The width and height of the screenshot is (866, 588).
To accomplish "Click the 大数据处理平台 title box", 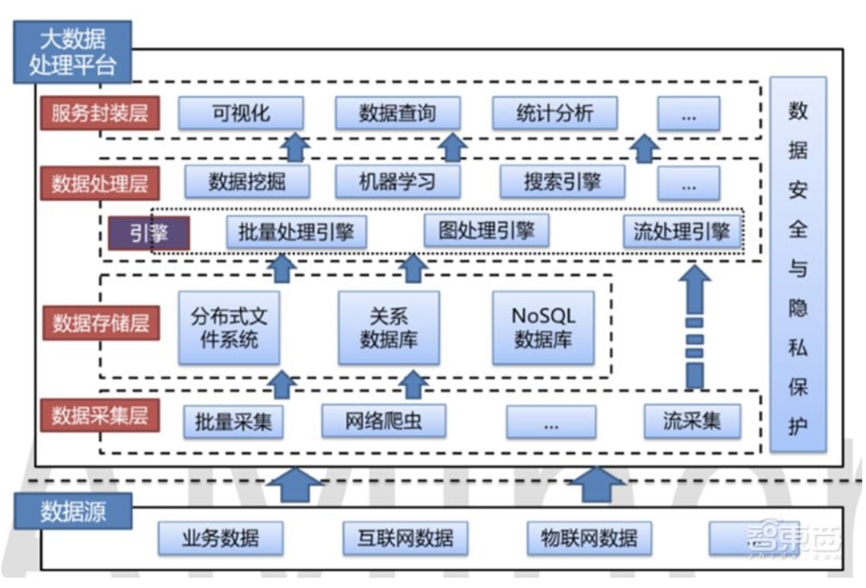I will tap(72, 52).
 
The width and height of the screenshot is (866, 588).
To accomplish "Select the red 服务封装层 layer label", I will tap(100, 113).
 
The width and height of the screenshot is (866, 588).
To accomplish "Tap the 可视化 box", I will tap(241, 113).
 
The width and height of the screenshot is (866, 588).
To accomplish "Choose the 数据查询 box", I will tap(397, 113).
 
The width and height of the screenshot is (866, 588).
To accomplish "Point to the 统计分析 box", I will tap(554, 113).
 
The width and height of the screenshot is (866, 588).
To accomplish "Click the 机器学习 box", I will tap(397, 182).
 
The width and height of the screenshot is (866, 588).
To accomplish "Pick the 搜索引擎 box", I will tap(562, 182).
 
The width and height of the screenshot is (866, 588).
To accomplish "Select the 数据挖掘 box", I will tap(247, 182).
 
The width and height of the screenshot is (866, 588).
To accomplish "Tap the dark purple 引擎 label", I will tap(149, 233).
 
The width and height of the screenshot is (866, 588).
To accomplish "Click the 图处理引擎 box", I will tap(486, 230).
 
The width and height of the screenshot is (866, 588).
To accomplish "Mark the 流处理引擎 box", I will tap(682, 232).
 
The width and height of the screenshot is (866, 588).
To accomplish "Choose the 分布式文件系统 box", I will tap(230, 328).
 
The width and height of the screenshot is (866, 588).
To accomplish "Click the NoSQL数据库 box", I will tap(544, 328).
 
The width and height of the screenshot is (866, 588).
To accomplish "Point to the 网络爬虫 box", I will tap(383, 421).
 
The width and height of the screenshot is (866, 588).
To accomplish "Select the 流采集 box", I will tap(692, 421).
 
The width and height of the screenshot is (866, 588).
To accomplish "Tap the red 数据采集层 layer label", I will tap(100, 416).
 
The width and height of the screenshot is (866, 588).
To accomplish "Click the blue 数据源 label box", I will tap(73, 511).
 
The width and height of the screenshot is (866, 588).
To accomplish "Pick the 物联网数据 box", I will tap(589, 538).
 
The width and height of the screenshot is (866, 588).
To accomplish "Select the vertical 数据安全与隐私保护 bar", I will tap(798, 264).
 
